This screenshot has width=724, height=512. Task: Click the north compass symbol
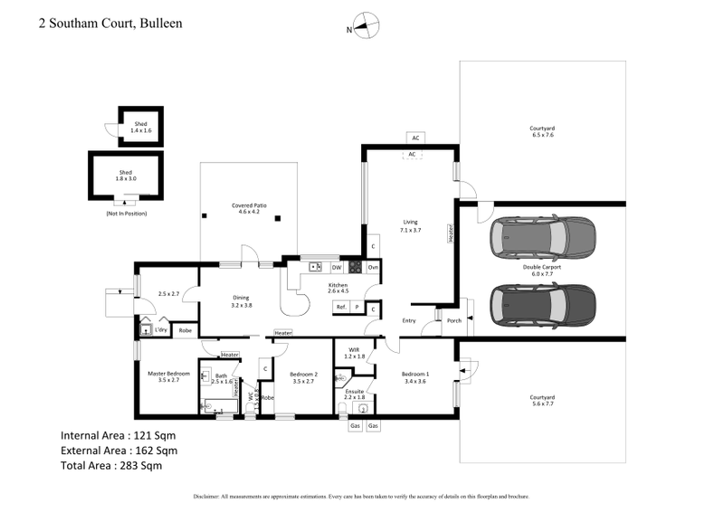[x=363, y=27]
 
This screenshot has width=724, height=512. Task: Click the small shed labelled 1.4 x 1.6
[x=140, y=127]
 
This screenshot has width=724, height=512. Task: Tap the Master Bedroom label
[x=168, y=376]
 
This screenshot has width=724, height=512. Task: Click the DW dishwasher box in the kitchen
[x=336, y=268]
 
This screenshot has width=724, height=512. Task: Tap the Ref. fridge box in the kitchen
[x=341, y=308]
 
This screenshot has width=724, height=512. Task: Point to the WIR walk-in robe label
[x=355, y=352]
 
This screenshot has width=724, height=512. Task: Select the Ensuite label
[x=354, y=393]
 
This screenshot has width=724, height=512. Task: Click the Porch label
[x=454, y=320]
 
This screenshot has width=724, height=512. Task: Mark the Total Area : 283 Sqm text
[x=118, y=466]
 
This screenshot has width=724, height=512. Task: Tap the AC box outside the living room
[x=414, y=138]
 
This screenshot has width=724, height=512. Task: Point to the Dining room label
[x=242, y=301]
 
